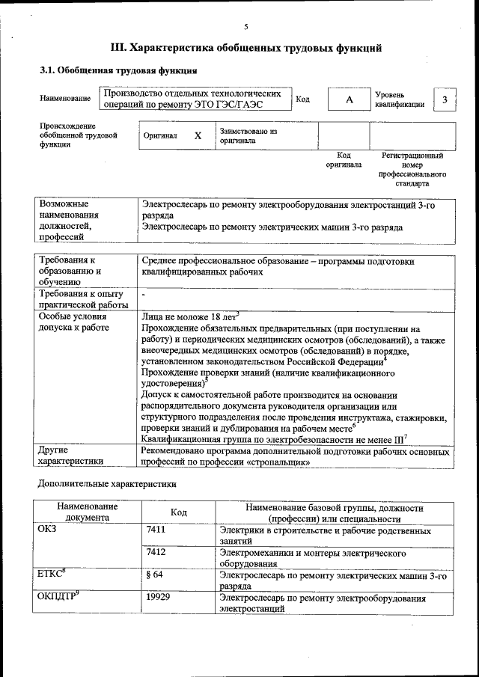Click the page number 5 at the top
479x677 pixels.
pyautogui.click(x=245, y=27)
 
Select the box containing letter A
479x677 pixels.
pyautogui.click(x=349, y=100)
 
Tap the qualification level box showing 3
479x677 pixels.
pyautogui.click(x=445, y=100)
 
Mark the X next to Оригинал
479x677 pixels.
pyautogui.click(x=198, y=136)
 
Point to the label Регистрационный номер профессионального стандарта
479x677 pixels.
pyautogui.click(x=412, y=169)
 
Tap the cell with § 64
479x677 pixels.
pyautogui.click(x=155, y=576)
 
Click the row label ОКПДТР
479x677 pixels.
pyautogui.click(x=57, y=598)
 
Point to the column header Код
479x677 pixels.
pyautogui.click(x=178, y=512)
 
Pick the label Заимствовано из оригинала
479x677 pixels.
pyautogui.click(x=248, y=135)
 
